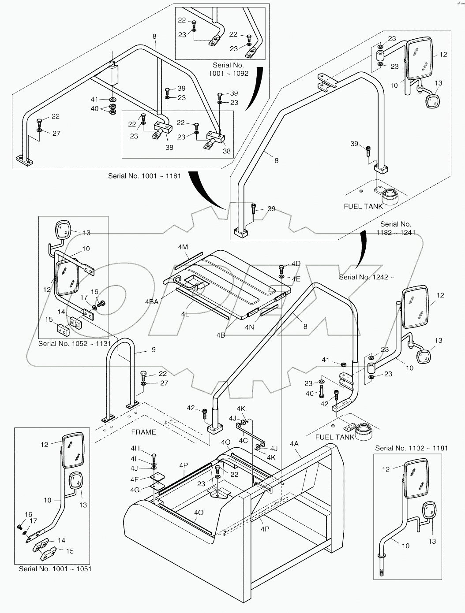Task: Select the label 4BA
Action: [151, 302]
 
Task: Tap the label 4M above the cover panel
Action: [183, 248]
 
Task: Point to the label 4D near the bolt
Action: [296, 264]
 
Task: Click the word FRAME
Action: [143, 432]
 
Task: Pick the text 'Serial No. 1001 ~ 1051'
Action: [55, 569]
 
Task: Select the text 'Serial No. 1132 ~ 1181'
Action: [411, 448]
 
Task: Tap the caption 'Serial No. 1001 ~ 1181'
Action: [144, 176]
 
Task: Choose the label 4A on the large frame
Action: [294, 444]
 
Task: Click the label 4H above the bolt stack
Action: [135, 449]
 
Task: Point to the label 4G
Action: [135, 490]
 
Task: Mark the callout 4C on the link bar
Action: [243, 440]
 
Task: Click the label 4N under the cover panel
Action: [250, 327]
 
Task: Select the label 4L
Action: [185, 314]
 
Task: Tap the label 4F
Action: [135, 479]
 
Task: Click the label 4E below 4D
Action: [296, 279]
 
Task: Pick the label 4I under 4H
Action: [134, 458]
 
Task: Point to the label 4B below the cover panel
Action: [221, 335]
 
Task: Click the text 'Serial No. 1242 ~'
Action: [366, 277]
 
